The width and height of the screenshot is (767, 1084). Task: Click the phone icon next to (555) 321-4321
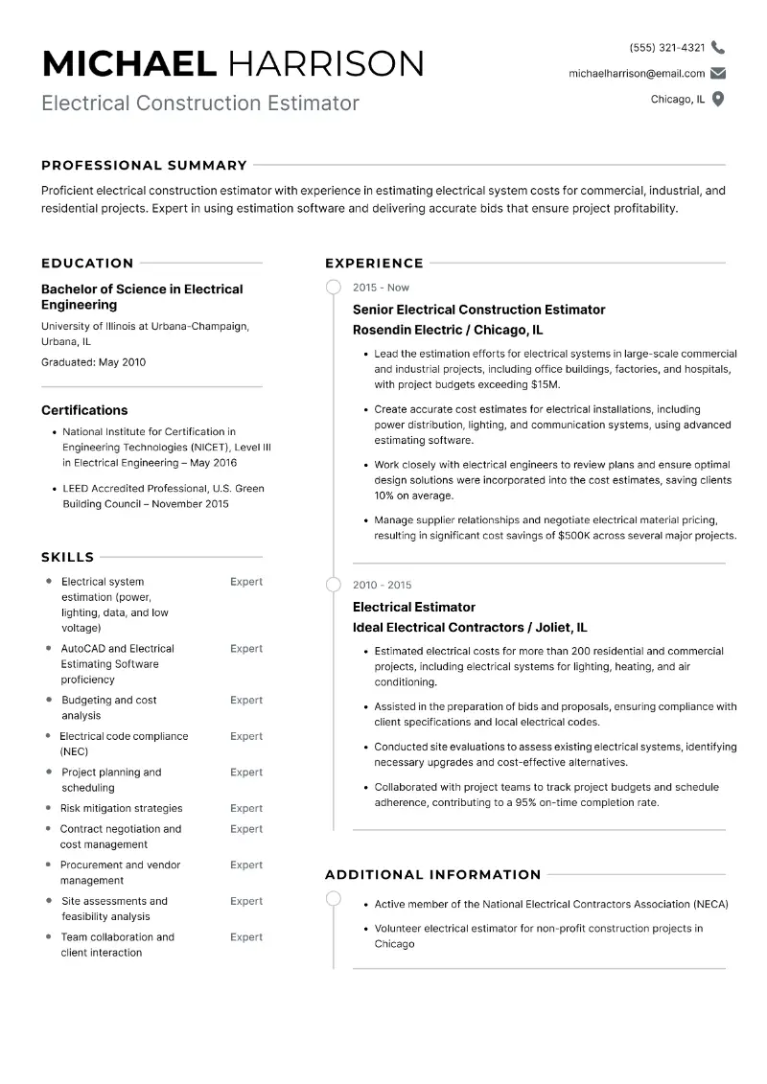click(x=718, y=47)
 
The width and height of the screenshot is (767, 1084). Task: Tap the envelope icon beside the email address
click(x=718, y=73)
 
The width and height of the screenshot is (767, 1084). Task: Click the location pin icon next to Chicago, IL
click(x=718, y=99)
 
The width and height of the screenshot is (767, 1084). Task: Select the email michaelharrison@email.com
click(x=636, y=73)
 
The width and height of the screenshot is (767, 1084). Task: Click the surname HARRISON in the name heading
click(x=325, y=63)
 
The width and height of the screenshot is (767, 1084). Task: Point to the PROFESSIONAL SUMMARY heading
click(x=144, y=165)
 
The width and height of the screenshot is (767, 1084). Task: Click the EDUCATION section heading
click(x=87, y=263)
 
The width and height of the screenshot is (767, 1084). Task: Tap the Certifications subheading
click(x=84, y=410)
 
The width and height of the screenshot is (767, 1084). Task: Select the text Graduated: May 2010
click(x=93, y=362)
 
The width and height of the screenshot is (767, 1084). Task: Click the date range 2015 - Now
click(x=381, y=288)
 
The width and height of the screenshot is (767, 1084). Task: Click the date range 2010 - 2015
click(x=382, y=585)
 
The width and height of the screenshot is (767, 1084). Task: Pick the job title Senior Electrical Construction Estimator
click(x=478, y=310)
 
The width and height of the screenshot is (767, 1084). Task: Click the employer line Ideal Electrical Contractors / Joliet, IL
click(x=470, y=628)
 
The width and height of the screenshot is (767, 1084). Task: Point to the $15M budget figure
click(x=544, y=384)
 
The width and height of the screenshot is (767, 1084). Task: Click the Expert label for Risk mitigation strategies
click(x=245, y=808)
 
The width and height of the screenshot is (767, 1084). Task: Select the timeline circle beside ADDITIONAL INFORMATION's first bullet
click(x=333, y=898)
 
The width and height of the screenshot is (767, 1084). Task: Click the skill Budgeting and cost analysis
click(x=108, y=707)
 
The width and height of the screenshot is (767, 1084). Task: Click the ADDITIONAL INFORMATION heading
click(x=432, y=874)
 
